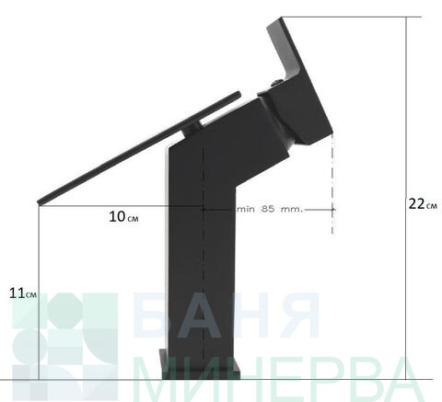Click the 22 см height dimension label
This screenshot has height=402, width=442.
point(423,204)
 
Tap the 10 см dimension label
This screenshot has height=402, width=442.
point(123,217)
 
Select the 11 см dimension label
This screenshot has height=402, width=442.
point(23,293)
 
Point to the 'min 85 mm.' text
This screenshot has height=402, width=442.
point(270,210)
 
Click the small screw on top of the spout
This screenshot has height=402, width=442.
point(277,82)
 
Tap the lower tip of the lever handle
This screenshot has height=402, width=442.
point(40,202)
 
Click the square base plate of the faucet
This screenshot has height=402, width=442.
point(200,364)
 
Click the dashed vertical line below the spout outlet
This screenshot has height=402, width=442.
point(332,184)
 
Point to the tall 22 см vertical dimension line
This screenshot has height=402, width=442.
point(407,199)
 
